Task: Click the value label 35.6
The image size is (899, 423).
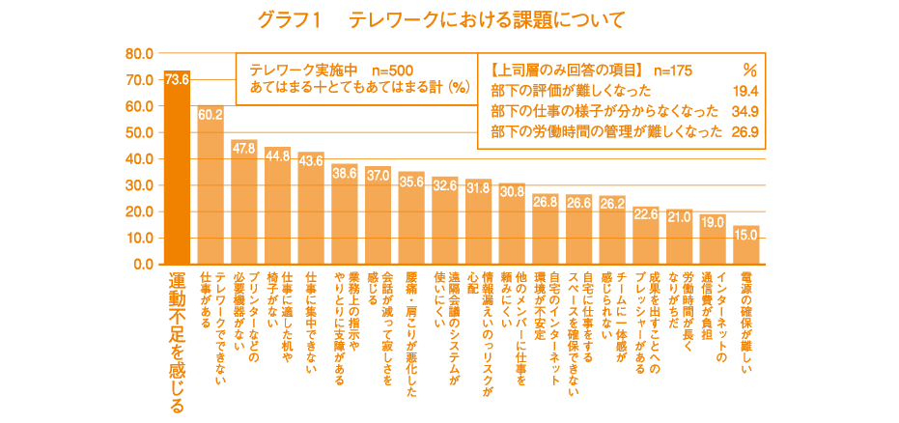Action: tap(411, 181)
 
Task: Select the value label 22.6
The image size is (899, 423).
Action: tap(646, 214)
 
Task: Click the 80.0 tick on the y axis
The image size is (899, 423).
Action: tap(141, 53)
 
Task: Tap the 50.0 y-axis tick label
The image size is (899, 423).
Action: tap(141, 132)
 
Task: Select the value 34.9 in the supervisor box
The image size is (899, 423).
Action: tap(744, 111)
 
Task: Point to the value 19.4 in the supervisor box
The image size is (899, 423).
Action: tap(744, 91)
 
